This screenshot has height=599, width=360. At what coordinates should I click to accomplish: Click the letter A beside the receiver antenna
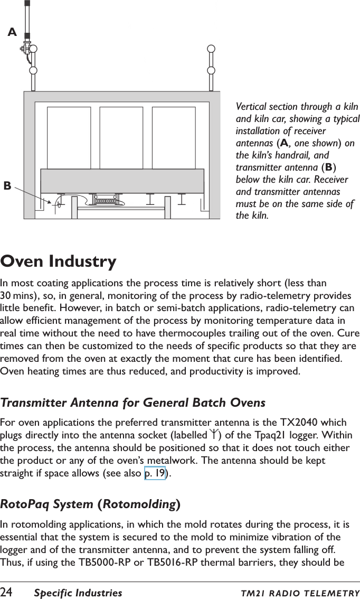point(12,33)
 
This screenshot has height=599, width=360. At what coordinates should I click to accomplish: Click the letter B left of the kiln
point(7,185)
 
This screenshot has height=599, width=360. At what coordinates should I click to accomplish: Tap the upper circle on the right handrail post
point(211,49)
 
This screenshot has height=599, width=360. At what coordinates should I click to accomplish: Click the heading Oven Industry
point(59,261)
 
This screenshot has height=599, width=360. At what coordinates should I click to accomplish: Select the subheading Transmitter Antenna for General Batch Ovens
point(133,403)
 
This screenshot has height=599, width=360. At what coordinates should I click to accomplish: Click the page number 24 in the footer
point(7,593)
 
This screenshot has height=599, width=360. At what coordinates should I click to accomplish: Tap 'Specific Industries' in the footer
point(78,593)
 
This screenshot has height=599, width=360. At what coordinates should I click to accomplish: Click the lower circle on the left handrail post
point(33,70)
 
